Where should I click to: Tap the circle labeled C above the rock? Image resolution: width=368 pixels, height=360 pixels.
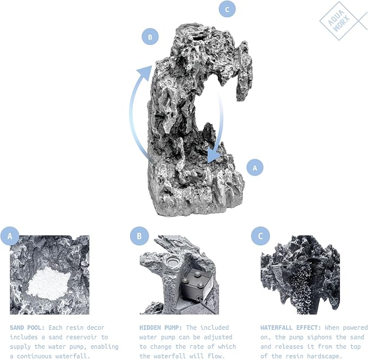tap(227, 9)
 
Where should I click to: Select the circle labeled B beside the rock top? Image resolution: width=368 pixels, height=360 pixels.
tap(150, 37)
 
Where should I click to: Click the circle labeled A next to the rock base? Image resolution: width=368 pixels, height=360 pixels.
tap(255, 168)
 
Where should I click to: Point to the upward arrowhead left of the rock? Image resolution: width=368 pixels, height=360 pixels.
tap(145, 72)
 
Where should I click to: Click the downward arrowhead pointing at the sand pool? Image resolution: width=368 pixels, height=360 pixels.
tap(214, 156)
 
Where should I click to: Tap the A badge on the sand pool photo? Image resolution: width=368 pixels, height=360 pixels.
tap(10, 236)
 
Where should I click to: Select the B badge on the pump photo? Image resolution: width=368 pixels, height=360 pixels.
tap(139, 236)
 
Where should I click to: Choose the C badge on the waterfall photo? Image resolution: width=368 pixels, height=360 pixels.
tap(260, 236)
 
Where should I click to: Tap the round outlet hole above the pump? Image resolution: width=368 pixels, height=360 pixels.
tap(173, 261)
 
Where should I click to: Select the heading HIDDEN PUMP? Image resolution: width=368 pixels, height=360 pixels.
tap(160, 328)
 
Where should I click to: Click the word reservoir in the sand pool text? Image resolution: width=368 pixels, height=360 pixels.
tap(82, 337)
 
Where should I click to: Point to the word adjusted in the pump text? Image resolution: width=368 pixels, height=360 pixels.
tap(218, 337)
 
